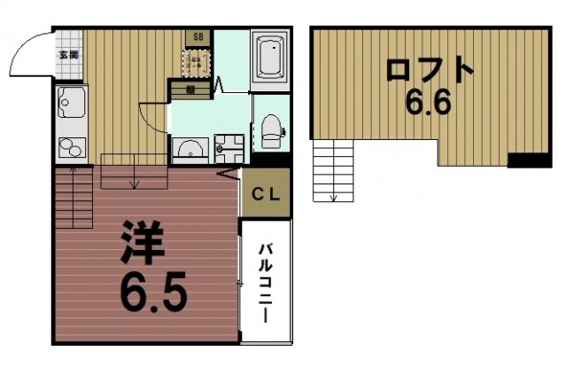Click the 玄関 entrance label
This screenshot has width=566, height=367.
(x=69, y=54)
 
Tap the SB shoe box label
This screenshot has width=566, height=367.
(x=197, y=37)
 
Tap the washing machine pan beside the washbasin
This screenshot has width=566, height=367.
(x=229, y=148)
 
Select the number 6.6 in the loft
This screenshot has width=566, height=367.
(x=429, y=104)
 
